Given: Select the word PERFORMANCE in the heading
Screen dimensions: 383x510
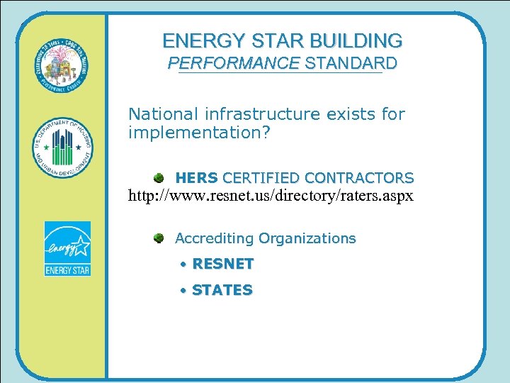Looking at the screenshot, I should [x=233, y=63].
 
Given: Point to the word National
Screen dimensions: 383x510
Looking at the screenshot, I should [x=162, y=113].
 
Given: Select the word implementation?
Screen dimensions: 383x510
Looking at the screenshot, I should [x=199, y=133].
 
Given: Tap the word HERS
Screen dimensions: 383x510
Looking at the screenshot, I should [x=196, y=177].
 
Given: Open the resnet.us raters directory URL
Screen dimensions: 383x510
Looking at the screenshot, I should [x=271, y=194].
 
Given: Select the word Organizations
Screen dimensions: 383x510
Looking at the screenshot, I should [x=307, y=238].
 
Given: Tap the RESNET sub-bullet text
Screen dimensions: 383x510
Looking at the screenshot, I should [x=222, y=264].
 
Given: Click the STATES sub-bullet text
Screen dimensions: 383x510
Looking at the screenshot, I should [x=222, y=290].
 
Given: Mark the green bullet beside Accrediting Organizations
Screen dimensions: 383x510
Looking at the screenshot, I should [x=160, y=238].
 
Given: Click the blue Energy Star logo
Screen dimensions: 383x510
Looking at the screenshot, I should [x=67, y=248].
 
